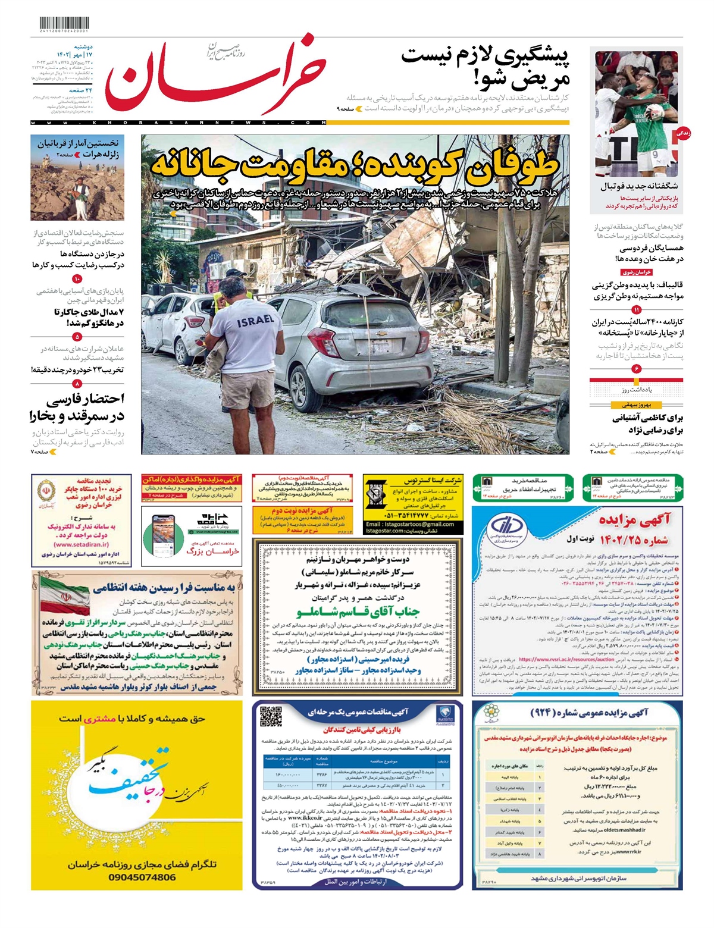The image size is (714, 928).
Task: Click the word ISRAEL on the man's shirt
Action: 256,321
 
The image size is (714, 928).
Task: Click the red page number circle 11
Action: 637,310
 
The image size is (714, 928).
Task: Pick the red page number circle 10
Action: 77,279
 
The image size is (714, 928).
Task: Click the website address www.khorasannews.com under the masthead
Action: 178,123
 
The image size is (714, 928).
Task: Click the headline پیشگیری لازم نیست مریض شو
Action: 485,67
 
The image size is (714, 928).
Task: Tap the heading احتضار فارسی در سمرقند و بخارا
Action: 77,407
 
